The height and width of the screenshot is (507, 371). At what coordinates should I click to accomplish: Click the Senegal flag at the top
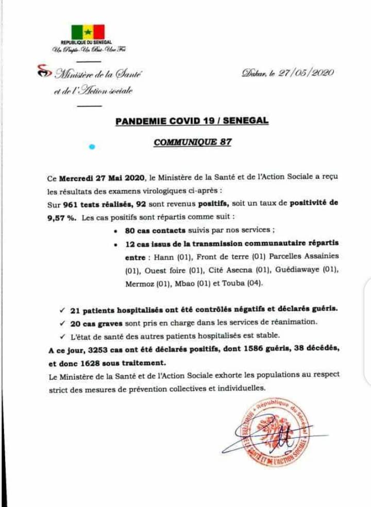(x=88, y=31)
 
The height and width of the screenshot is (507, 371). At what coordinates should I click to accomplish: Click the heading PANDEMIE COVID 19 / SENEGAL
(x=192, y=121)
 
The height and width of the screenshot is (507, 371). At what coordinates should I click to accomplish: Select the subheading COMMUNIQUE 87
(x=192, y=142)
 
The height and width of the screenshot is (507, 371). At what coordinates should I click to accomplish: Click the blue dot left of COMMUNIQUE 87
(x=92, y=146)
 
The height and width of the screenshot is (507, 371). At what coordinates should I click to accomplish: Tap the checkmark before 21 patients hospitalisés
(x=62, y=309)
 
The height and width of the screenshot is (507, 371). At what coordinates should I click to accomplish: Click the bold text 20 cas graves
(x=97, y=323)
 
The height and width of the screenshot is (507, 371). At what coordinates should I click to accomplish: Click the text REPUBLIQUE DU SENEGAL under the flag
(x=87, y=42)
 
